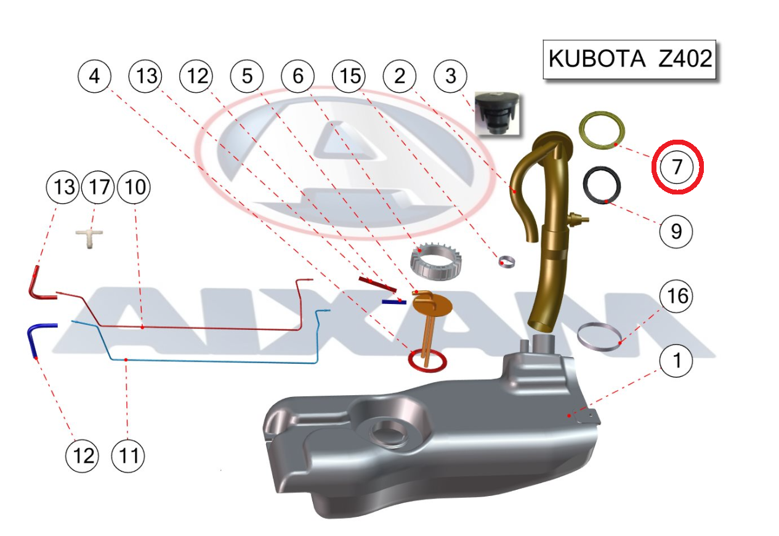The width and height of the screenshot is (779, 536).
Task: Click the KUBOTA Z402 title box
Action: coord(629,59)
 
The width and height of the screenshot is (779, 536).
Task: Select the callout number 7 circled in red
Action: coord(677,166)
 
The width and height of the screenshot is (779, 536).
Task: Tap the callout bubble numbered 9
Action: coord(676,231)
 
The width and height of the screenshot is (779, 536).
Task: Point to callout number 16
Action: coord(676,297)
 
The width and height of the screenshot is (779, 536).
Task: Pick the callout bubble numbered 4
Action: coord(94,76)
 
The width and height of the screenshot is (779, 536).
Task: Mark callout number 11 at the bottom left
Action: coord(127,456)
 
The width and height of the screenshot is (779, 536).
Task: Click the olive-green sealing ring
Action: coord(603,130)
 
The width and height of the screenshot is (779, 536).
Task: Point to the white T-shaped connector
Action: coord(90,238)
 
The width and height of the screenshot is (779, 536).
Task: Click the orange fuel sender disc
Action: coord(432,303)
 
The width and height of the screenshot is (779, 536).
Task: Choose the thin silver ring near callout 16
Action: coord(598,337)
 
